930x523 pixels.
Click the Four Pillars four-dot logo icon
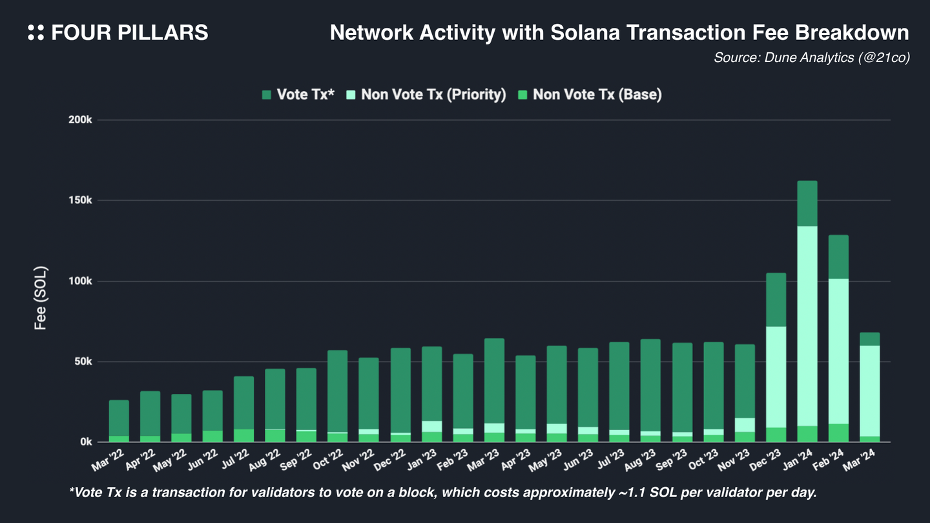pos(36,33)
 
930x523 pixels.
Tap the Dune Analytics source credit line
pos(811,57)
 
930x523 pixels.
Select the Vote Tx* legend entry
pos(298,95)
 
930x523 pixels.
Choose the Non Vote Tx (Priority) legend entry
pos(426,95)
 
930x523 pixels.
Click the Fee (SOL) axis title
pos(41,298)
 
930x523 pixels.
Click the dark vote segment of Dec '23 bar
pos(776,300)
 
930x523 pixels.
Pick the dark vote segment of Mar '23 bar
pos(494,381)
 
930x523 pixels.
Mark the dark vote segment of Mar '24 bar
pos(869,339)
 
